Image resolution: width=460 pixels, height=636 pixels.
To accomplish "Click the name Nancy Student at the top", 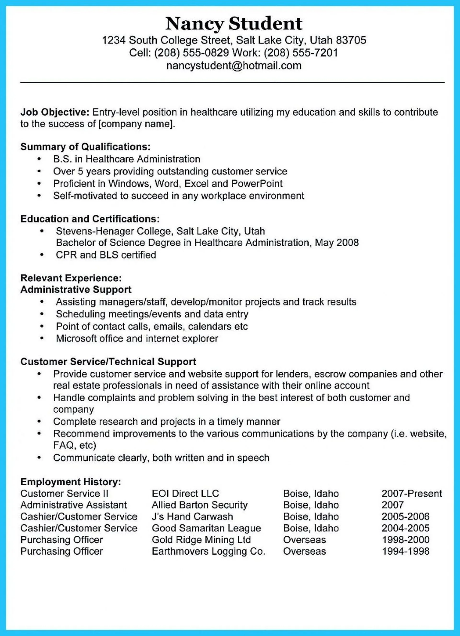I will tap(234, 24).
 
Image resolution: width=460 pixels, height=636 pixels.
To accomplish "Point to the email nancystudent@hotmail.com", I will tap(234, 66).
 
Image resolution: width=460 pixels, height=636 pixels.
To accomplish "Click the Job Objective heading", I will tap(55, 112).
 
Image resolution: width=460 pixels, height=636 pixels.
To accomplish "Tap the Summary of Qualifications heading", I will tap(85, 147).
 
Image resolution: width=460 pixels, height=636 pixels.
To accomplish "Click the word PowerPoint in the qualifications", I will tap(257, 183).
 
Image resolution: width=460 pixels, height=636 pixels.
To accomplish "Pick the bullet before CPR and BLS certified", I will tap(42, 255).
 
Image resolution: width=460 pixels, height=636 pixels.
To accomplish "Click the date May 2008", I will tap(337, 243).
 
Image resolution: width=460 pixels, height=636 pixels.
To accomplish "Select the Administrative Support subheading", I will tap(76, 289).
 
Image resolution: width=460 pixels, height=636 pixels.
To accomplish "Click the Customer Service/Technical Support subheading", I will tap(108, 361).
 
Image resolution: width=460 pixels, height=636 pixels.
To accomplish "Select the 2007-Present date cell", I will tap(412, 493).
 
